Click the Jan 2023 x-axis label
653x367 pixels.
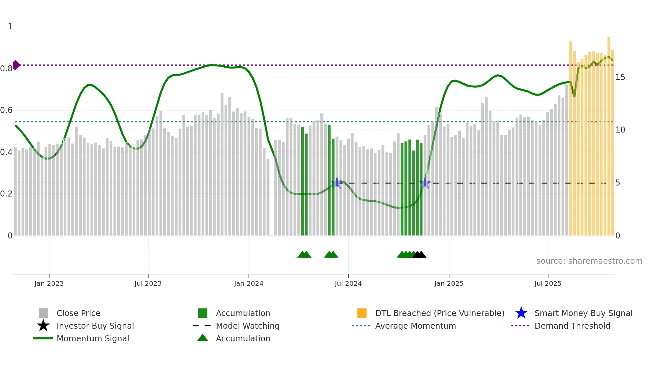(x=49, y=283)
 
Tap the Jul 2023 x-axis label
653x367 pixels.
(x=148, y=283)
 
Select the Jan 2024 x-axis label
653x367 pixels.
(x=249, y=283)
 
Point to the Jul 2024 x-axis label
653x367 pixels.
(x=348, y=283)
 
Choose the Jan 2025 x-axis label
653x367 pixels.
(x=449, y=283)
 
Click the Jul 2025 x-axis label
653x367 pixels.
(x=548, y=283)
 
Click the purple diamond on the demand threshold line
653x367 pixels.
(x=16, y=65)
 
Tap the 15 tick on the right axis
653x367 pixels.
(x=620, y=77)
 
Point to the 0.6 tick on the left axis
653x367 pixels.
(x=6, y=110)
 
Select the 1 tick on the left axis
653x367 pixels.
(x=10, y=27)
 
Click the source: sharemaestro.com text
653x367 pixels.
(x=589, y=261)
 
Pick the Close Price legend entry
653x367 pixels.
(x=78, y=313)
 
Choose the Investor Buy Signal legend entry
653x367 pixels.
(x=95, y=326)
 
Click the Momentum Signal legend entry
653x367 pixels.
(x=93, y=338)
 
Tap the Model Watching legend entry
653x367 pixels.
(x=248, y=326)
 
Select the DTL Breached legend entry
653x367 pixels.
(x=439, y=313)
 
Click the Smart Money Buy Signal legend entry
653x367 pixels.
(x=583, y=313)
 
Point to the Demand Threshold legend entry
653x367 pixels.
(x=572, y=326)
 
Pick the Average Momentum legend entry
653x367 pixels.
(x=415, y=326)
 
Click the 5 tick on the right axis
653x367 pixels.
(x=618, y=183)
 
